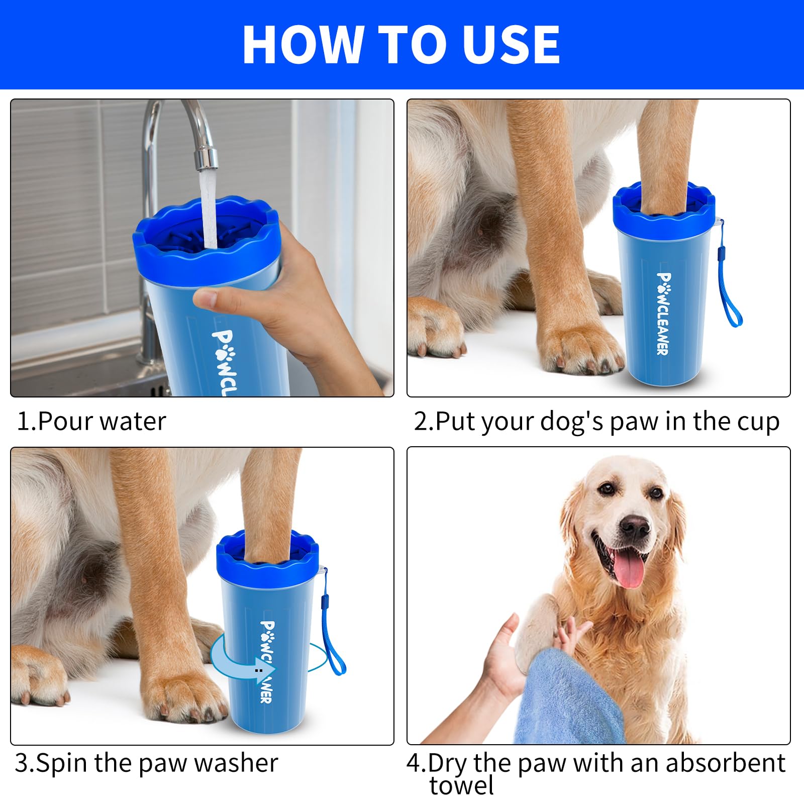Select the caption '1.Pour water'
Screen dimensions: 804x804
coord(91,421)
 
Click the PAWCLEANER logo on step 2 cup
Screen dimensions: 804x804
coord(663,314)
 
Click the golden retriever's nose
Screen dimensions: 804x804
coord(634,527)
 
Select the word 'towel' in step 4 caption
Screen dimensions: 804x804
coord(461,785)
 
